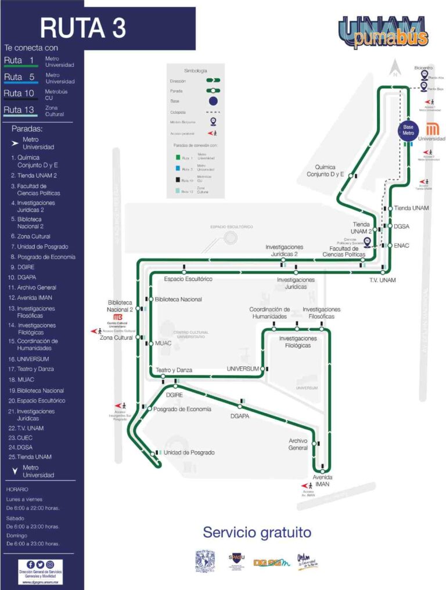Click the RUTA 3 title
tap(83, 27)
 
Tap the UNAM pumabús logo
tap(384, 33)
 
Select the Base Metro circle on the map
tap(408, 130)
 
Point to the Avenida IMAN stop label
tap(322, 480)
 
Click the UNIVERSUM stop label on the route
tap(243, 369)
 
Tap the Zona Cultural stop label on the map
tap(116, 337)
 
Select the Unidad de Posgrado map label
tap(189, 452)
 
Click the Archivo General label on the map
tap(298, 444)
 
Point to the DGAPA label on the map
tap(239, 416)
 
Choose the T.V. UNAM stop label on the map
tap(382, 280)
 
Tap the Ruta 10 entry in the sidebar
tap(19, 93)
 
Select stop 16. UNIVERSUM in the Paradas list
tap(29, 359)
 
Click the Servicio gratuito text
tap(257, 533)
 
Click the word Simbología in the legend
tap(195, 70)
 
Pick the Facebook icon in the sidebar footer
tap(31, 564)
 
